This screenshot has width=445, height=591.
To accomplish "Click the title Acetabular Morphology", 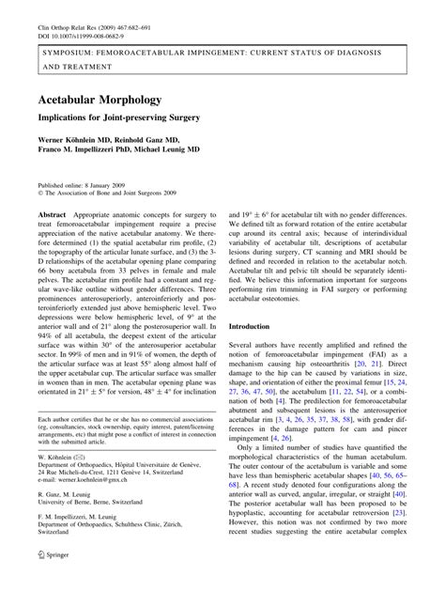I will (100, 99).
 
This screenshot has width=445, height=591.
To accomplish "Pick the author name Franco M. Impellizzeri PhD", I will (89, 148).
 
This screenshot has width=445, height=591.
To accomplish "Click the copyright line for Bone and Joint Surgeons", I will (104, 194).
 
